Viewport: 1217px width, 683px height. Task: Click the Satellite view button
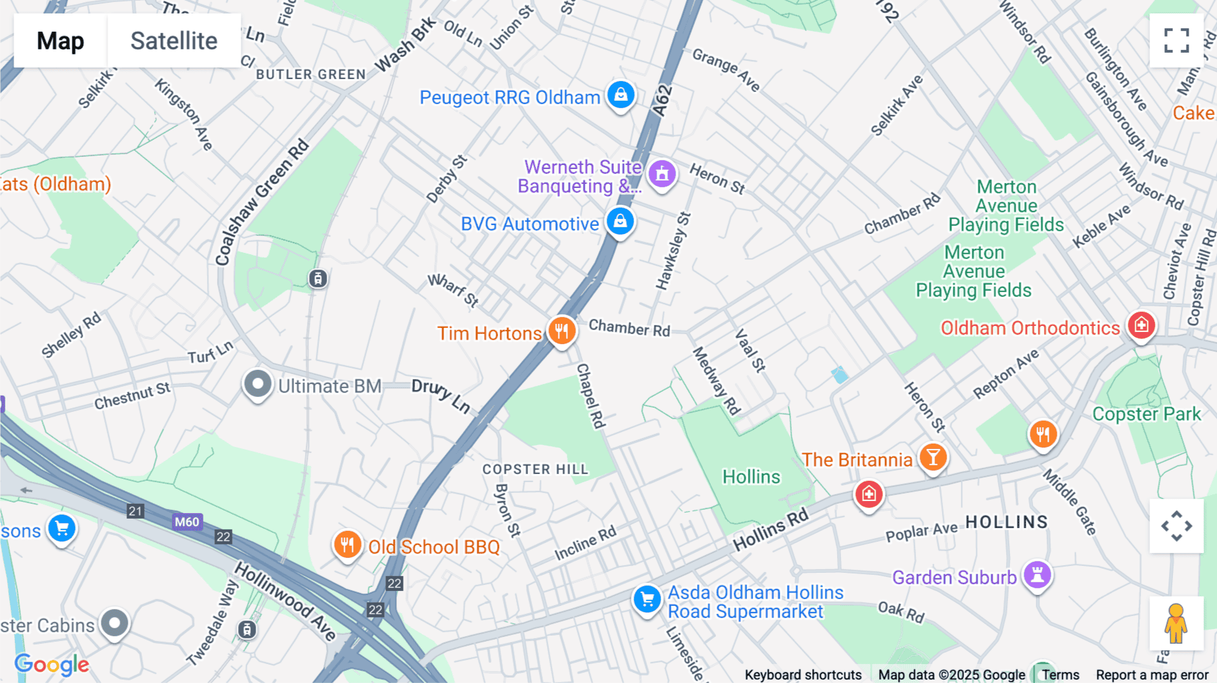pos(174,41)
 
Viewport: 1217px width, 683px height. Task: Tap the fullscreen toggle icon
pos(1176,41)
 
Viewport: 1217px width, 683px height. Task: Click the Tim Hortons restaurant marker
pos(561,331)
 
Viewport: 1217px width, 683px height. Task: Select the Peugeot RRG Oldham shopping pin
pos(621,95)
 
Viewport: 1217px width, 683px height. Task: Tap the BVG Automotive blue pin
pos(620,221)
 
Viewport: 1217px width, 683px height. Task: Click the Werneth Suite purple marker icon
pos(662,174)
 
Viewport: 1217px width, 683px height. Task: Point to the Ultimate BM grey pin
pos(258,384)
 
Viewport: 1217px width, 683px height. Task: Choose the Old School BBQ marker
pos(347,544)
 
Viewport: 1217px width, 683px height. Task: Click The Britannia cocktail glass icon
pos(933,458)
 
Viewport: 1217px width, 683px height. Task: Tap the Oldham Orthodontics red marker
pos(1141,325)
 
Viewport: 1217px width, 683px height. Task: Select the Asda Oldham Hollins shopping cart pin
pos(647,599)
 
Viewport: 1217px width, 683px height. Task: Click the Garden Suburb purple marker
pos(1036,575)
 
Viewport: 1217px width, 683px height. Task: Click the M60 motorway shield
pos(187,521)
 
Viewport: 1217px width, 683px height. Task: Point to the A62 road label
pos(663,100)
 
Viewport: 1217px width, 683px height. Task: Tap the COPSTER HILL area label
pos(535,469)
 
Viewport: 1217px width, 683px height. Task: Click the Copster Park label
pos(1147,414)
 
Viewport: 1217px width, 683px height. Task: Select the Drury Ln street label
pos(441,395)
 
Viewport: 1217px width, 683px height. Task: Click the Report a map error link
pos(1151,675)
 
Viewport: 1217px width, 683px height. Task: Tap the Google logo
pos(51,664)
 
